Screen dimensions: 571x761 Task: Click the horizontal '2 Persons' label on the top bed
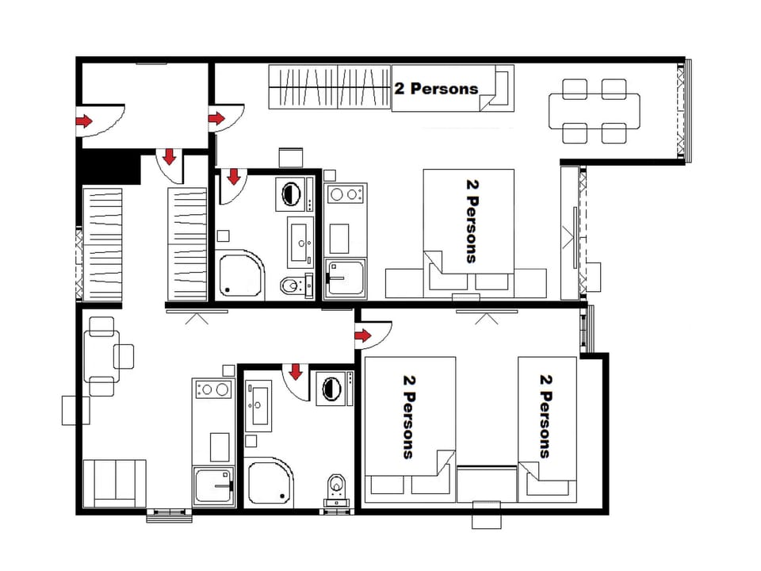(x=436, y=88)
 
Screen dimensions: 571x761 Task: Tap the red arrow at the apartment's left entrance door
(x=83, y=121)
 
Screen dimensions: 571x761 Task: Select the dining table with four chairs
(x=595, y=111)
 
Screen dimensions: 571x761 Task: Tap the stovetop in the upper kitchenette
(x=345, y=194)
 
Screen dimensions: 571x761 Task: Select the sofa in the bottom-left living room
(x=115, y=482)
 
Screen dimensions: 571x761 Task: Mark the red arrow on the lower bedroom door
(x=363, y=336)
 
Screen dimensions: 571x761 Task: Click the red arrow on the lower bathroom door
(x=296, y=371)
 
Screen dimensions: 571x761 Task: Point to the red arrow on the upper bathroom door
(x=234, y=176)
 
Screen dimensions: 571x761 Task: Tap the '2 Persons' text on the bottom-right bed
(x=545, y=416)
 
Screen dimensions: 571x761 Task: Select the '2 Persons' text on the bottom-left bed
(x=409, y=416)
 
